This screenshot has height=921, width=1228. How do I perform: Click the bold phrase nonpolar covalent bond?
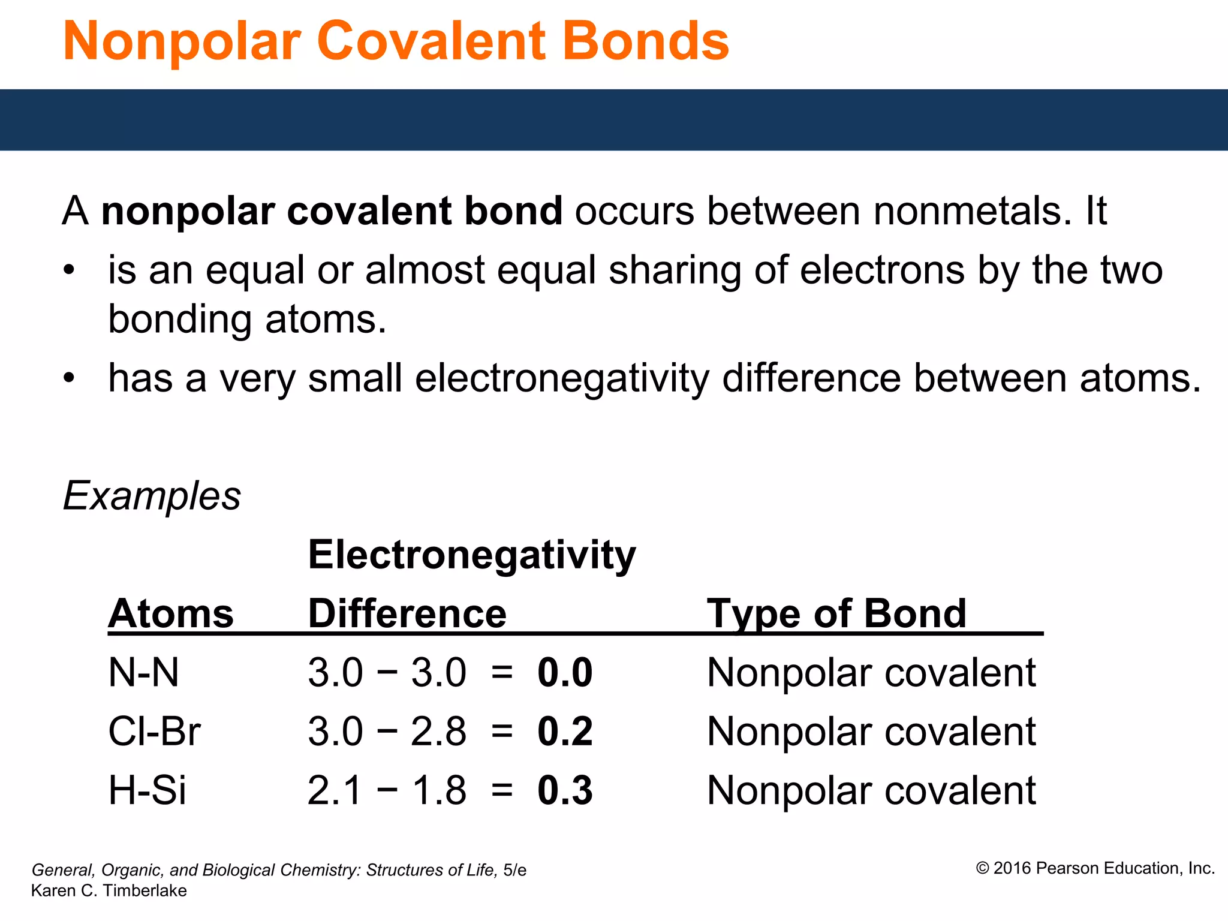point(332,211)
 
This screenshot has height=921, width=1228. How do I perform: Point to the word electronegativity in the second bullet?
point(562,379)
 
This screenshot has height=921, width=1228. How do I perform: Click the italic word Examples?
point(152,496)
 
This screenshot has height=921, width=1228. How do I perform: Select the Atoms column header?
point(171,614)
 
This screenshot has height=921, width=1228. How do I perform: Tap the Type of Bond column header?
point(836,614)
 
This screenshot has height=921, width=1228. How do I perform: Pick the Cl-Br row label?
point(154,732)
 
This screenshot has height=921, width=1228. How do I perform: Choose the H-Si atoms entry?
point(148,790)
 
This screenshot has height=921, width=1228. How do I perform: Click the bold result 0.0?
point(565,673)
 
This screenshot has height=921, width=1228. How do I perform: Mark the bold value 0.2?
point(565,732)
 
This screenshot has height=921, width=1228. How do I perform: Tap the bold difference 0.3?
point(565,790)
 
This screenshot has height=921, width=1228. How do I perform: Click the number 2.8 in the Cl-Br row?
point(438,732)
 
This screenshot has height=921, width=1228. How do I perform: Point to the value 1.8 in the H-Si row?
point(438,790)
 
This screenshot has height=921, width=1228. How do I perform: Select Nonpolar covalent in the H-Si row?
point(871,790)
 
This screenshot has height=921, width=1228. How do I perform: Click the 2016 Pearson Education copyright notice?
point(1095,868)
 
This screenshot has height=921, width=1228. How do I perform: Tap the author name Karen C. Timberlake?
point(109,891)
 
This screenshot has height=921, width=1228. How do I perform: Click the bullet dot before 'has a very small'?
point(70,379)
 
